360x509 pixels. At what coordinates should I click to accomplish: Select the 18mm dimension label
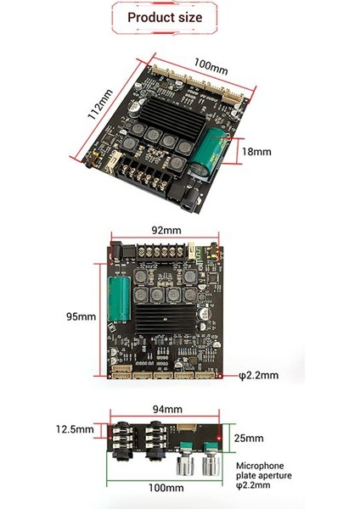(257, 152)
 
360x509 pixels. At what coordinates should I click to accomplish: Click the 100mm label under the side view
(166, 488)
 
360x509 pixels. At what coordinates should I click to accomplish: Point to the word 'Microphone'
(262, 466)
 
